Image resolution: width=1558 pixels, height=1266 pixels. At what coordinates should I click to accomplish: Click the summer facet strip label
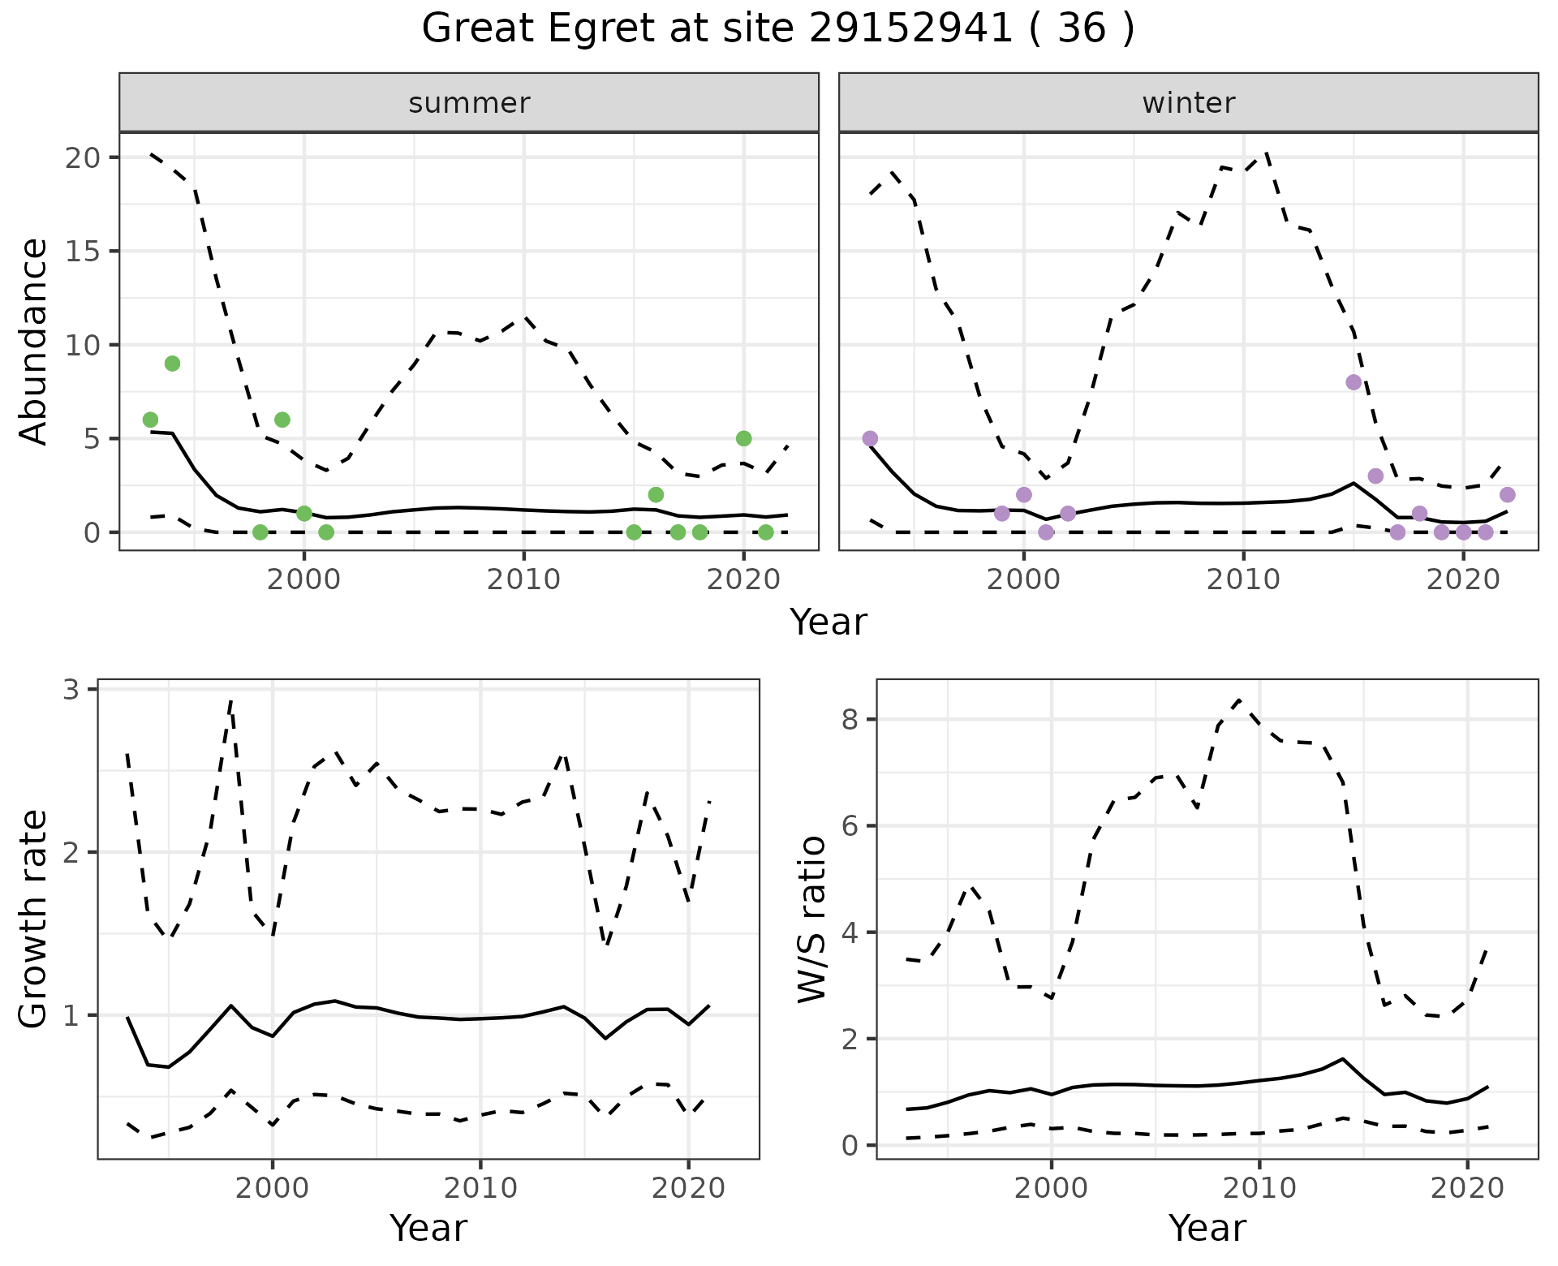point(469,103)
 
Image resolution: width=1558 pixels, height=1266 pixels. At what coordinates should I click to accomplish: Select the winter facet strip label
point(1188,103)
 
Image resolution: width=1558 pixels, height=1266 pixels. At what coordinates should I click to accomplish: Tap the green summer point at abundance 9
point(172,364)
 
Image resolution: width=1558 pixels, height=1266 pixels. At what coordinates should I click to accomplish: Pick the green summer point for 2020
point(743,438)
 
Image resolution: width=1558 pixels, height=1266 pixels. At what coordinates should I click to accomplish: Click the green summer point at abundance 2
point(656,495)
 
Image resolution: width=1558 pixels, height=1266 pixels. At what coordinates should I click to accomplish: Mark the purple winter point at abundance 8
point(1354,382)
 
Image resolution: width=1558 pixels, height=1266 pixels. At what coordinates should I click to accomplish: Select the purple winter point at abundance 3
point(1375,476)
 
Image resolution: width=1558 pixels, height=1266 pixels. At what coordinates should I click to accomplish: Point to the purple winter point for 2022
point(1507,495)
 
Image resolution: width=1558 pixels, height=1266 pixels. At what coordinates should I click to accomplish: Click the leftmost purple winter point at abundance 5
point(870,438)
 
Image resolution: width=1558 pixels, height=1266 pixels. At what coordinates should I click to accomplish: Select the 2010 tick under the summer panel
point(523,580)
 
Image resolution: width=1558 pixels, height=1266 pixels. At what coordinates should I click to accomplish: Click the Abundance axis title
point(34,342)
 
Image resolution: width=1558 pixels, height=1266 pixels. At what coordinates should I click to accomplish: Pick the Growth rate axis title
point(34,919)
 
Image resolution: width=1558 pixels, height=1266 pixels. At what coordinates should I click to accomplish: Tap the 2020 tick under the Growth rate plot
point(688,1189)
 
